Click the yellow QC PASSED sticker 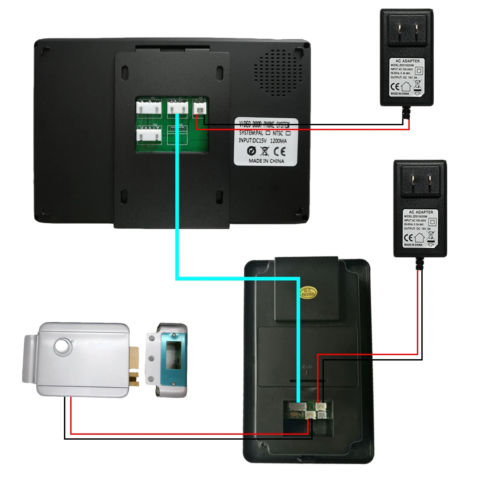coord(307,292)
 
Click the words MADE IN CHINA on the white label coord(266,161)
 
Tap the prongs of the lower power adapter coord(420,183)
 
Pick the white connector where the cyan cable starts coord(178,108)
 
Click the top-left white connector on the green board coord(148,108)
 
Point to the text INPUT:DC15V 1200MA coord(263,141)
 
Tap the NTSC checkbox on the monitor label coord(288,133)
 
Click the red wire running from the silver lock coord(179,433)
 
